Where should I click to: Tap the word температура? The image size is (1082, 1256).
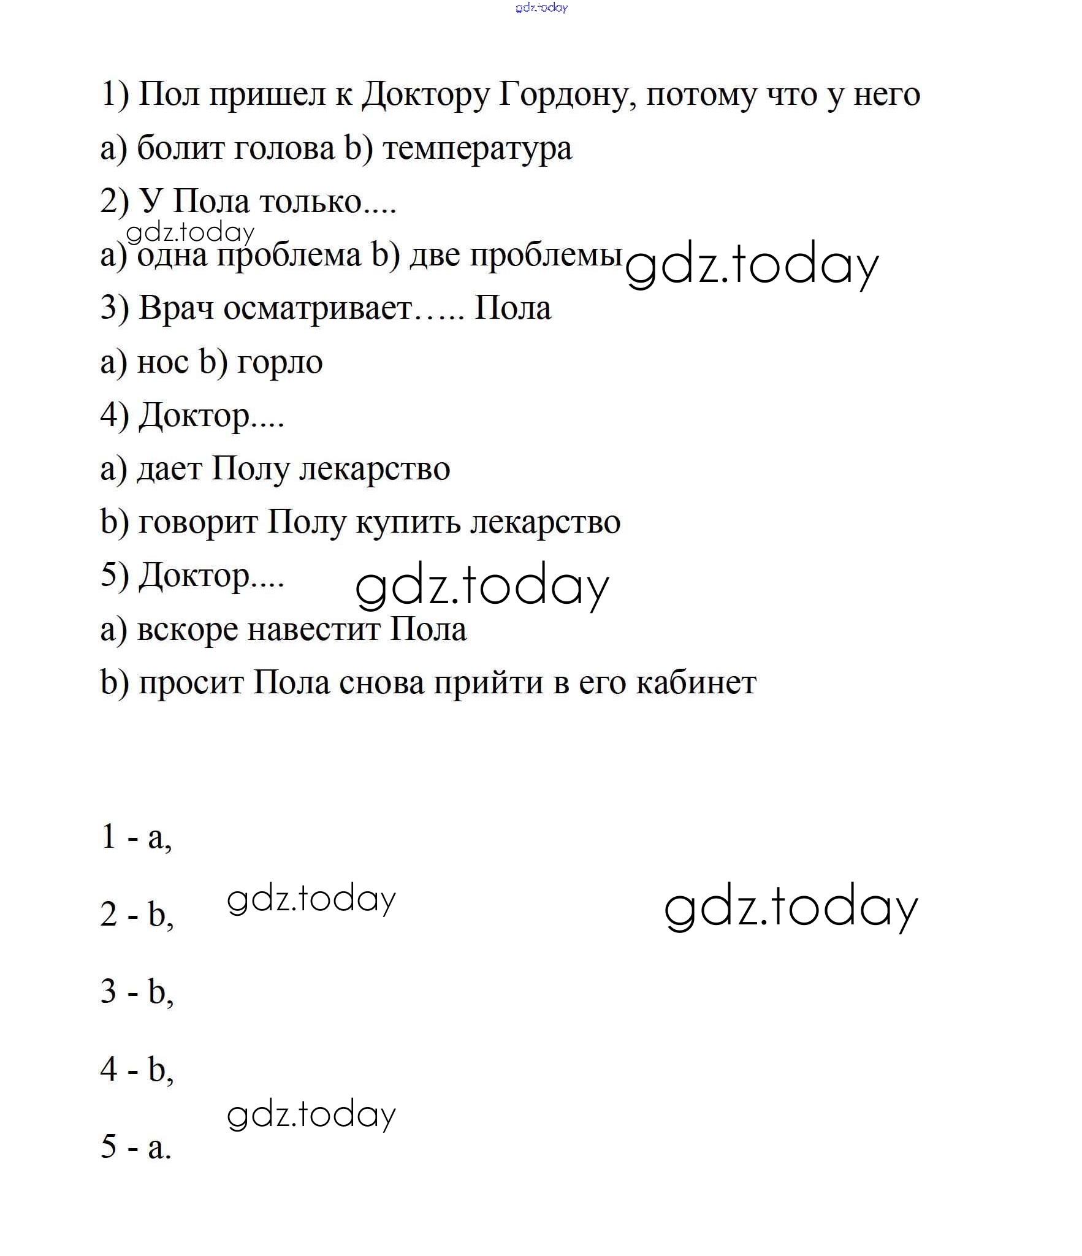[x=477, y=149]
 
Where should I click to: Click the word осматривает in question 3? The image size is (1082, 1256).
[x=318, y=308]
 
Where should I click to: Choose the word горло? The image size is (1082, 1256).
[x=279, y=362]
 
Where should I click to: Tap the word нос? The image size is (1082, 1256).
[x=163, y=362]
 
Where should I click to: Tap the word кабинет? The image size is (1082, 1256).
[x=696, y=682]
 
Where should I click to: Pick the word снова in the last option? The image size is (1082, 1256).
[x=381, y=682]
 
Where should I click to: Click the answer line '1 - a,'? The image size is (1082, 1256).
[x=136, y=837]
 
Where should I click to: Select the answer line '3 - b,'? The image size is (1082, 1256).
[x=137, y=991]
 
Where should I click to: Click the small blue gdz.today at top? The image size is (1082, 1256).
[x=541, y=7]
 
